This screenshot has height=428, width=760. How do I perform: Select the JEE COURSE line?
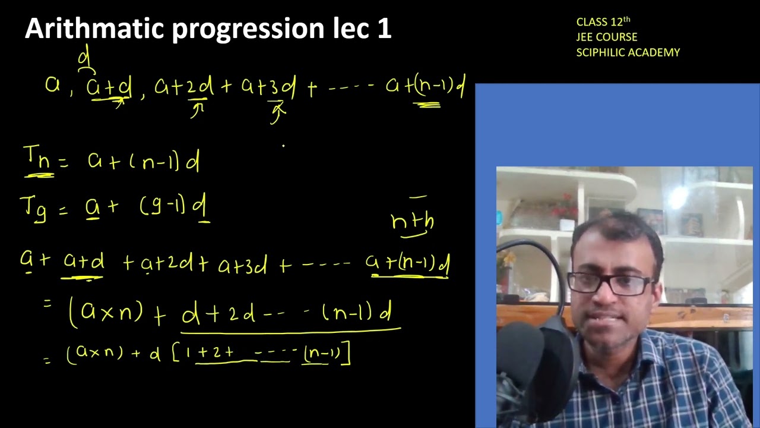coord(606,37)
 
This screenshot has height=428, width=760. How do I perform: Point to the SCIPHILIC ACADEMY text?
coord(628,52)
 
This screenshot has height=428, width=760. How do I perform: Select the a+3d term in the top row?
coord(268,87)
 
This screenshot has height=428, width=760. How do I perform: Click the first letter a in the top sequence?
coord(52,85)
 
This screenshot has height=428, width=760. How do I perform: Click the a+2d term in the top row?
coord(183,87)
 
